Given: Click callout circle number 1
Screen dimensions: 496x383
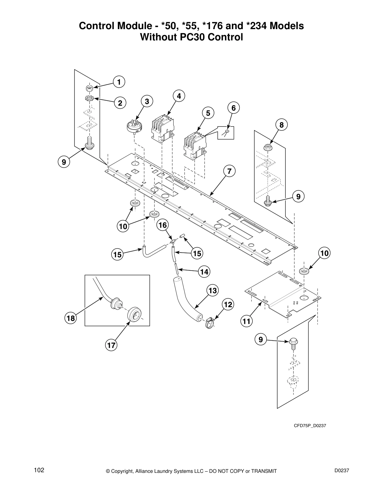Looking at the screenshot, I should pos(119,82).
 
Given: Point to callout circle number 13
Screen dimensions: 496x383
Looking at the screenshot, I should pos(212,291).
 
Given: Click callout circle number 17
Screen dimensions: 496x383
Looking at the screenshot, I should pos(111,345).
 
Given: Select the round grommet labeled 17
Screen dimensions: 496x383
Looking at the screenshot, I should pos(134,314).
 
